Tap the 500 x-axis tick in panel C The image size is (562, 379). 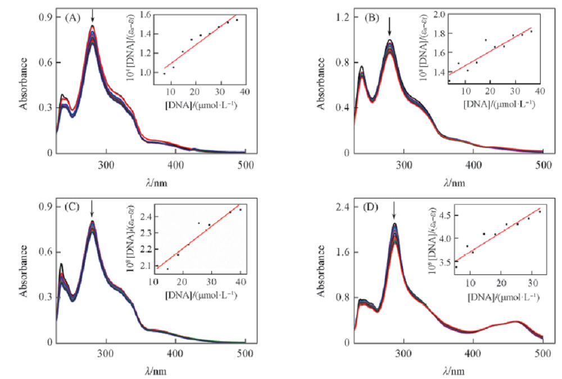pos(246,353)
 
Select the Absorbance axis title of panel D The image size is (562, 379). pos(323,274)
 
